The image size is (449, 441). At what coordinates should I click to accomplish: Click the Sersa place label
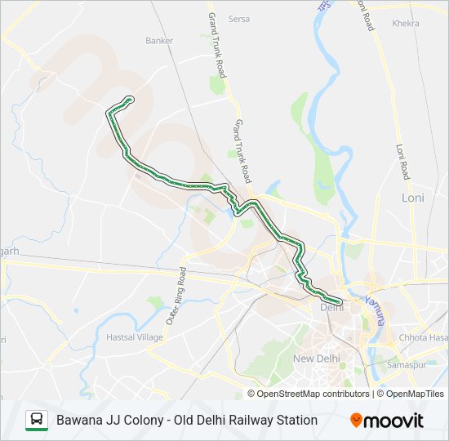pyautogui.click(x=239, y=19)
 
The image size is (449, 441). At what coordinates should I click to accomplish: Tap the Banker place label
pyautogui.click(x=159, y=40)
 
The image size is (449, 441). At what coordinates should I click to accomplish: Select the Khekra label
pyautogui.click(x=406, y=24)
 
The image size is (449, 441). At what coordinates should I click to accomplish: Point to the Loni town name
pyautogui.click(x=413, y=198)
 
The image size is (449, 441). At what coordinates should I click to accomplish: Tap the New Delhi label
pyautogui.click(x=315, y=359)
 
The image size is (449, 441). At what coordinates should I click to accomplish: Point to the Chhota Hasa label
pyautogui.click(x=423, y=338)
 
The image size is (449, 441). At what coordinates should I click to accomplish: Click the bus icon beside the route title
pyautogui.click(x=36, y=420)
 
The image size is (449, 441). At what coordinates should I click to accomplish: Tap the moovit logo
pyautogui.click(x=387, y=421)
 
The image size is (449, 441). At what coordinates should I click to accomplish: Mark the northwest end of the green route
pyautogui.click(x=130, y=100)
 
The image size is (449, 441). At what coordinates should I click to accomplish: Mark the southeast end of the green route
pyautogui.click(x=340, y=303)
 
